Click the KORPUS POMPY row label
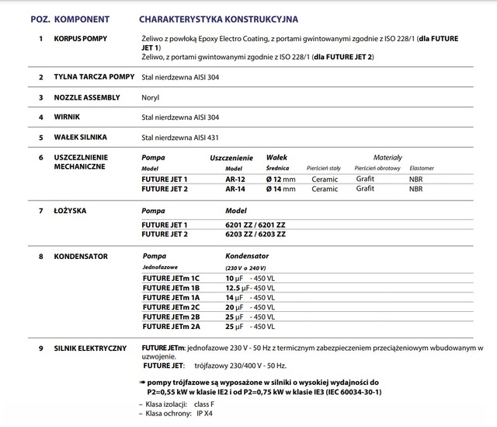87,37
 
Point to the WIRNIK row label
70,117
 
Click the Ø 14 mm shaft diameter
279,189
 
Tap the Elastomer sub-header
420,168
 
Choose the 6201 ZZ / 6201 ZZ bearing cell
255,224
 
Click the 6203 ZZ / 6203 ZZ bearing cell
255,233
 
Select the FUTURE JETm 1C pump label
171,278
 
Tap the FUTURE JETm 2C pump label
171,306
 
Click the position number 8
40,256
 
